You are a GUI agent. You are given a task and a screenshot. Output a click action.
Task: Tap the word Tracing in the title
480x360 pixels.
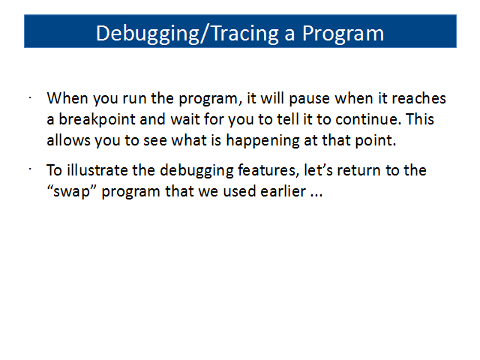(245, 33)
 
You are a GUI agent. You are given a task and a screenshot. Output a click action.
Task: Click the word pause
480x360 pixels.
(310, 99)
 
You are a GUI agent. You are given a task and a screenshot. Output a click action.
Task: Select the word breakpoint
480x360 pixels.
(97, 120)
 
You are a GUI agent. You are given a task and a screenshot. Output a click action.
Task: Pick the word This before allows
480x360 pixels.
(420, 118)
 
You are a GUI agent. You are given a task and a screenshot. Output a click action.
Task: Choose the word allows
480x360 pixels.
(68, 140)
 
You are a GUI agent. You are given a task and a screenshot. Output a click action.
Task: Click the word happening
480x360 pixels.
(262, 141)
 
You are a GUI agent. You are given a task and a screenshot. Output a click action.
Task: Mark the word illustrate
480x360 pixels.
(97, 170)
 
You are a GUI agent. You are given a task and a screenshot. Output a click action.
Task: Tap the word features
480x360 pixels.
(268, 170)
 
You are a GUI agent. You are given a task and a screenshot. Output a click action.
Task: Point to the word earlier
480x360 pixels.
(283, 191)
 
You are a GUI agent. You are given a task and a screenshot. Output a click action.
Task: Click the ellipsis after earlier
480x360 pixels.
(316, 195)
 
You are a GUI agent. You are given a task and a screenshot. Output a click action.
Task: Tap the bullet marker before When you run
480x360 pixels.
(30, 98)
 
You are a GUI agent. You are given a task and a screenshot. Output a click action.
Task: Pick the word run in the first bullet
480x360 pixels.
(134, 99)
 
